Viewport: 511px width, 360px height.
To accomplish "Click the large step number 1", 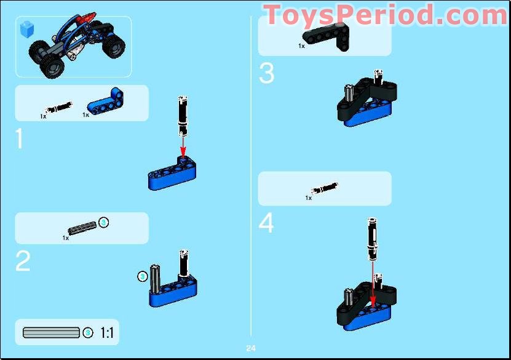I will point(19,139).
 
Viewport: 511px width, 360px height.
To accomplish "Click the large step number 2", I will point(23,262).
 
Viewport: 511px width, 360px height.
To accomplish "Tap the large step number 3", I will point(266,73).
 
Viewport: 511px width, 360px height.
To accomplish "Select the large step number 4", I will point(266,223).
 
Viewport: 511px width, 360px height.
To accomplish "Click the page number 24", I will point(251,348).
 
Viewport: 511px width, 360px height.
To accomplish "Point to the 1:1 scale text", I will point(106,333).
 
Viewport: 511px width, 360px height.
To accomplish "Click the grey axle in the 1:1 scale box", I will point(51,333).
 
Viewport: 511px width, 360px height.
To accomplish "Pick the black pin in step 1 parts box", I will point(59,109).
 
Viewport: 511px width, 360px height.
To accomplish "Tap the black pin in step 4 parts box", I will point(324,187).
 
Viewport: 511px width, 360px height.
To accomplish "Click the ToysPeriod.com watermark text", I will point(384,15).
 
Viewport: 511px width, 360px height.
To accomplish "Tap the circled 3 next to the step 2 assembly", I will point(143,276).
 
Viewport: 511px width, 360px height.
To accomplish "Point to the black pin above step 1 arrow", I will point(182,116).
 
